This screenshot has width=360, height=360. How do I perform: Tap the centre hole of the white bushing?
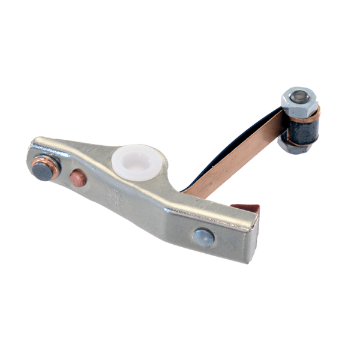[x=136, y=160]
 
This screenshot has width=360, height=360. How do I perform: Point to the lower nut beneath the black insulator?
[x=292, y=147]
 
